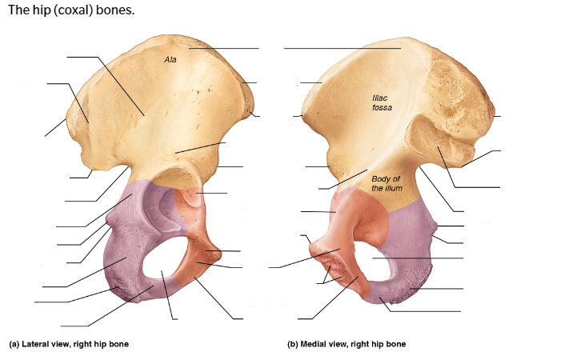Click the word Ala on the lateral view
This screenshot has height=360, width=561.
point(170,60)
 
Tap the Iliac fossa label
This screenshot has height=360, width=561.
point(382,102)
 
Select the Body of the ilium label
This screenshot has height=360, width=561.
point(387,183)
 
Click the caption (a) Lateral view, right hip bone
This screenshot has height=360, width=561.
point(69,344)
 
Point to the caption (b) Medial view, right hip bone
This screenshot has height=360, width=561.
point(347,344)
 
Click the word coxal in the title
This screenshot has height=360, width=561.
point(74,10)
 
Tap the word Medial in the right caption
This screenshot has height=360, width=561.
point(313,344)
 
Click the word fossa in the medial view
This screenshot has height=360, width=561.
point(382,107)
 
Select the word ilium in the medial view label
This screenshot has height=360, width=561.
point(393,188)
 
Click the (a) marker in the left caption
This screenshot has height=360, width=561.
point(14,344)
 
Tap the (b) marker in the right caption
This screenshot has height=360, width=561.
point(292,344)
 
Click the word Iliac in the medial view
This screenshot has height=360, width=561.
point(379,98)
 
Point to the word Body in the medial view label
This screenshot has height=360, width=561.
point(381,178)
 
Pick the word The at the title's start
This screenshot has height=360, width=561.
point(19,10)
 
